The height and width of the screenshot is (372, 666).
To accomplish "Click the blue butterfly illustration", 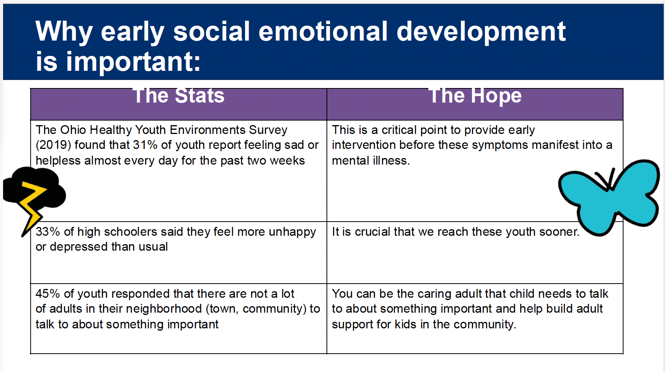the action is pyautogui.click(x=609, y=197).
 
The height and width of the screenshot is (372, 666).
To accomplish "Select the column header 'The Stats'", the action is pyautogui.click(x=179, y=95).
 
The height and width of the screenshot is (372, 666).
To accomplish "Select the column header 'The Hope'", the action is pyautogui.click(x=475, y=96).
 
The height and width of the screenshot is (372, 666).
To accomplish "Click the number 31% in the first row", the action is pyautogui.click(x=145, y=145).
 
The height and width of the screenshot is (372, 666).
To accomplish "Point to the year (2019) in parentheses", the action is pyautogui.click(x=53, y=145).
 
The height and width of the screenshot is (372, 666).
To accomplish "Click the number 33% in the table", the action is pyautogui.click(x=48, y=232).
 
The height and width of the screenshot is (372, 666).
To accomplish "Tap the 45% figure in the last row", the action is pyautogui.click(x=48, y=294).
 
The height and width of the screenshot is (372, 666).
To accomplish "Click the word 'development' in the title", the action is pyautogui.click(x=481, y=32).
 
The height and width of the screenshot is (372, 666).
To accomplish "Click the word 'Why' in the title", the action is pyautogui.click(x=64, y=32).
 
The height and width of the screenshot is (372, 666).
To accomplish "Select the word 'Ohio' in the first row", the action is pyautogui.click(x=73, y=130).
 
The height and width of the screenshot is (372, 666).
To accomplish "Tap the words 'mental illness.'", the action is pyautogui.click(x=371, y=160).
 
